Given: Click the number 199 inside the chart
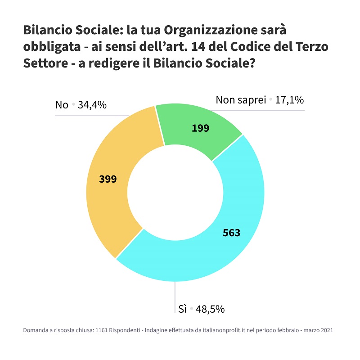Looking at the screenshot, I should coord(200,128).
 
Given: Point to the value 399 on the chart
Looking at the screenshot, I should coord(108,179).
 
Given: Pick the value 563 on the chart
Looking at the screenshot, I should coord(231,233).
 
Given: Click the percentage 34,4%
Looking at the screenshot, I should coord(92,105).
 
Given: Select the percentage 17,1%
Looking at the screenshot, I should coord(289,100).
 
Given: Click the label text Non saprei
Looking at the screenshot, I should coord(241,100).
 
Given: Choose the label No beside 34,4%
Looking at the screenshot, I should coord(62,105).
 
